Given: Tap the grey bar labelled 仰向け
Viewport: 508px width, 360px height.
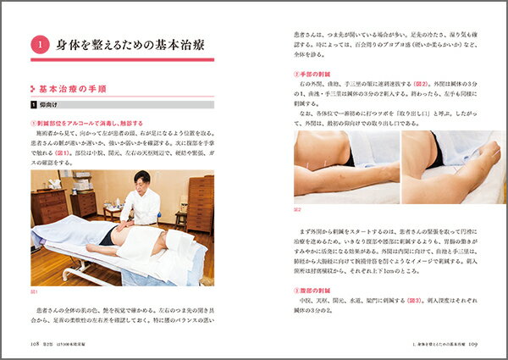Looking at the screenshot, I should click(x=51, y=105).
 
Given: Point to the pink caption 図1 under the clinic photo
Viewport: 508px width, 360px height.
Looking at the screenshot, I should click(x=35, y=291).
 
